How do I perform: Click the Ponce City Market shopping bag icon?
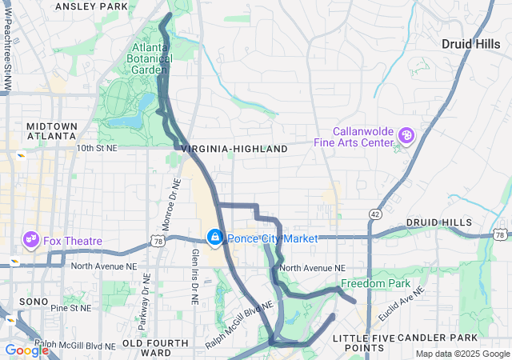pyautogui.click(x=215, y=238)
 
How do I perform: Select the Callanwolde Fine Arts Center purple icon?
pyautogui.click(x=406, y=136)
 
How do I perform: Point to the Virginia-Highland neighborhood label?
pyautogui.click(x=234, y=150)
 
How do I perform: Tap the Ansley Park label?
pyautogui.click(x=91, y=6)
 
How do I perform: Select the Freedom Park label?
pyautogui.click(x=375, y=284)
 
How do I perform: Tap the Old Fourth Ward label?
pyautogui.click(x=155, y=347)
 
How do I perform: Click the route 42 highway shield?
pyautogui.click(x=374, y=214)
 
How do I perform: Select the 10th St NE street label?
pyautogui.click(x=97, y=149)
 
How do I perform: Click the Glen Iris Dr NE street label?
pyautogui.click(x=194, y=274)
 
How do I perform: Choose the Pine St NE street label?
pyautogui.click(x=73, y=307)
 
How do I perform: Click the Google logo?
pyautogui.click(x=26, y=350)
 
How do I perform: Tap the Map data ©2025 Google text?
pyautogui.click(x=462, y=354)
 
